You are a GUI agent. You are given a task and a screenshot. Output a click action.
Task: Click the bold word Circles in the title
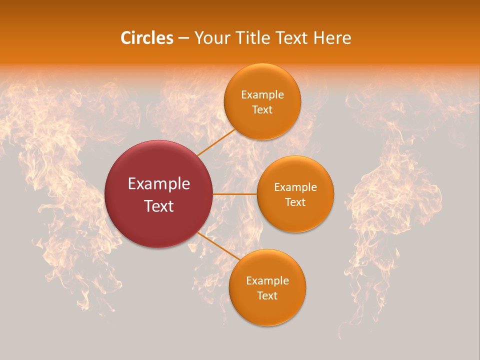[146, 38]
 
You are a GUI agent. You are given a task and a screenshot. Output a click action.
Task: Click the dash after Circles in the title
[183, 38]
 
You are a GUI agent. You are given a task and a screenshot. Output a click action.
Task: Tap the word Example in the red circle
[159, 184]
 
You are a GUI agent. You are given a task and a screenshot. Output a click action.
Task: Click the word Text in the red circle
[159, 206]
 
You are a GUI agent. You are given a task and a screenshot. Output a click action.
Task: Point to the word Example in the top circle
[262, 95]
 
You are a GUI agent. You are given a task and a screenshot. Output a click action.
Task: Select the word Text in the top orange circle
[262, 110]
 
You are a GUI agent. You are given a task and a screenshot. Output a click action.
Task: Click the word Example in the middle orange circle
[295, 187]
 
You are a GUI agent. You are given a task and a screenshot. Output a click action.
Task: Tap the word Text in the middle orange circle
[295, 202]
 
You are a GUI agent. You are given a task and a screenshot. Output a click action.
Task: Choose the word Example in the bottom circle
[267, 281]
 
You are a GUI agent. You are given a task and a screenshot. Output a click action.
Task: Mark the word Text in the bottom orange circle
[267, 296]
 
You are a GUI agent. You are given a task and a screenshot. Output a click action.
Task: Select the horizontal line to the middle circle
[235, 194]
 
